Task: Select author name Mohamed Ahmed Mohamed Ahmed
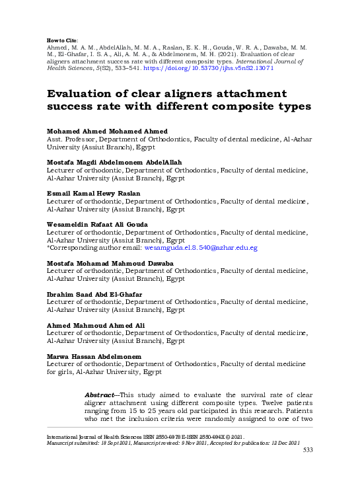tap(107, 132)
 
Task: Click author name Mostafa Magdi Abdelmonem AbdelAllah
tap(114, 163)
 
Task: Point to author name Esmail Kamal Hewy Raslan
tap(94, 194)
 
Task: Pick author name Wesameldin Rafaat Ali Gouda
tap(97, 225)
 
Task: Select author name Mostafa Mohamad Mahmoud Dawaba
tap(110, 264)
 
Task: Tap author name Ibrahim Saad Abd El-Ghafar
tap(94, 295)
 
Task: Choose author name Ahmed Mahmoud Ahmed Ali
tap(96, 325)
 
